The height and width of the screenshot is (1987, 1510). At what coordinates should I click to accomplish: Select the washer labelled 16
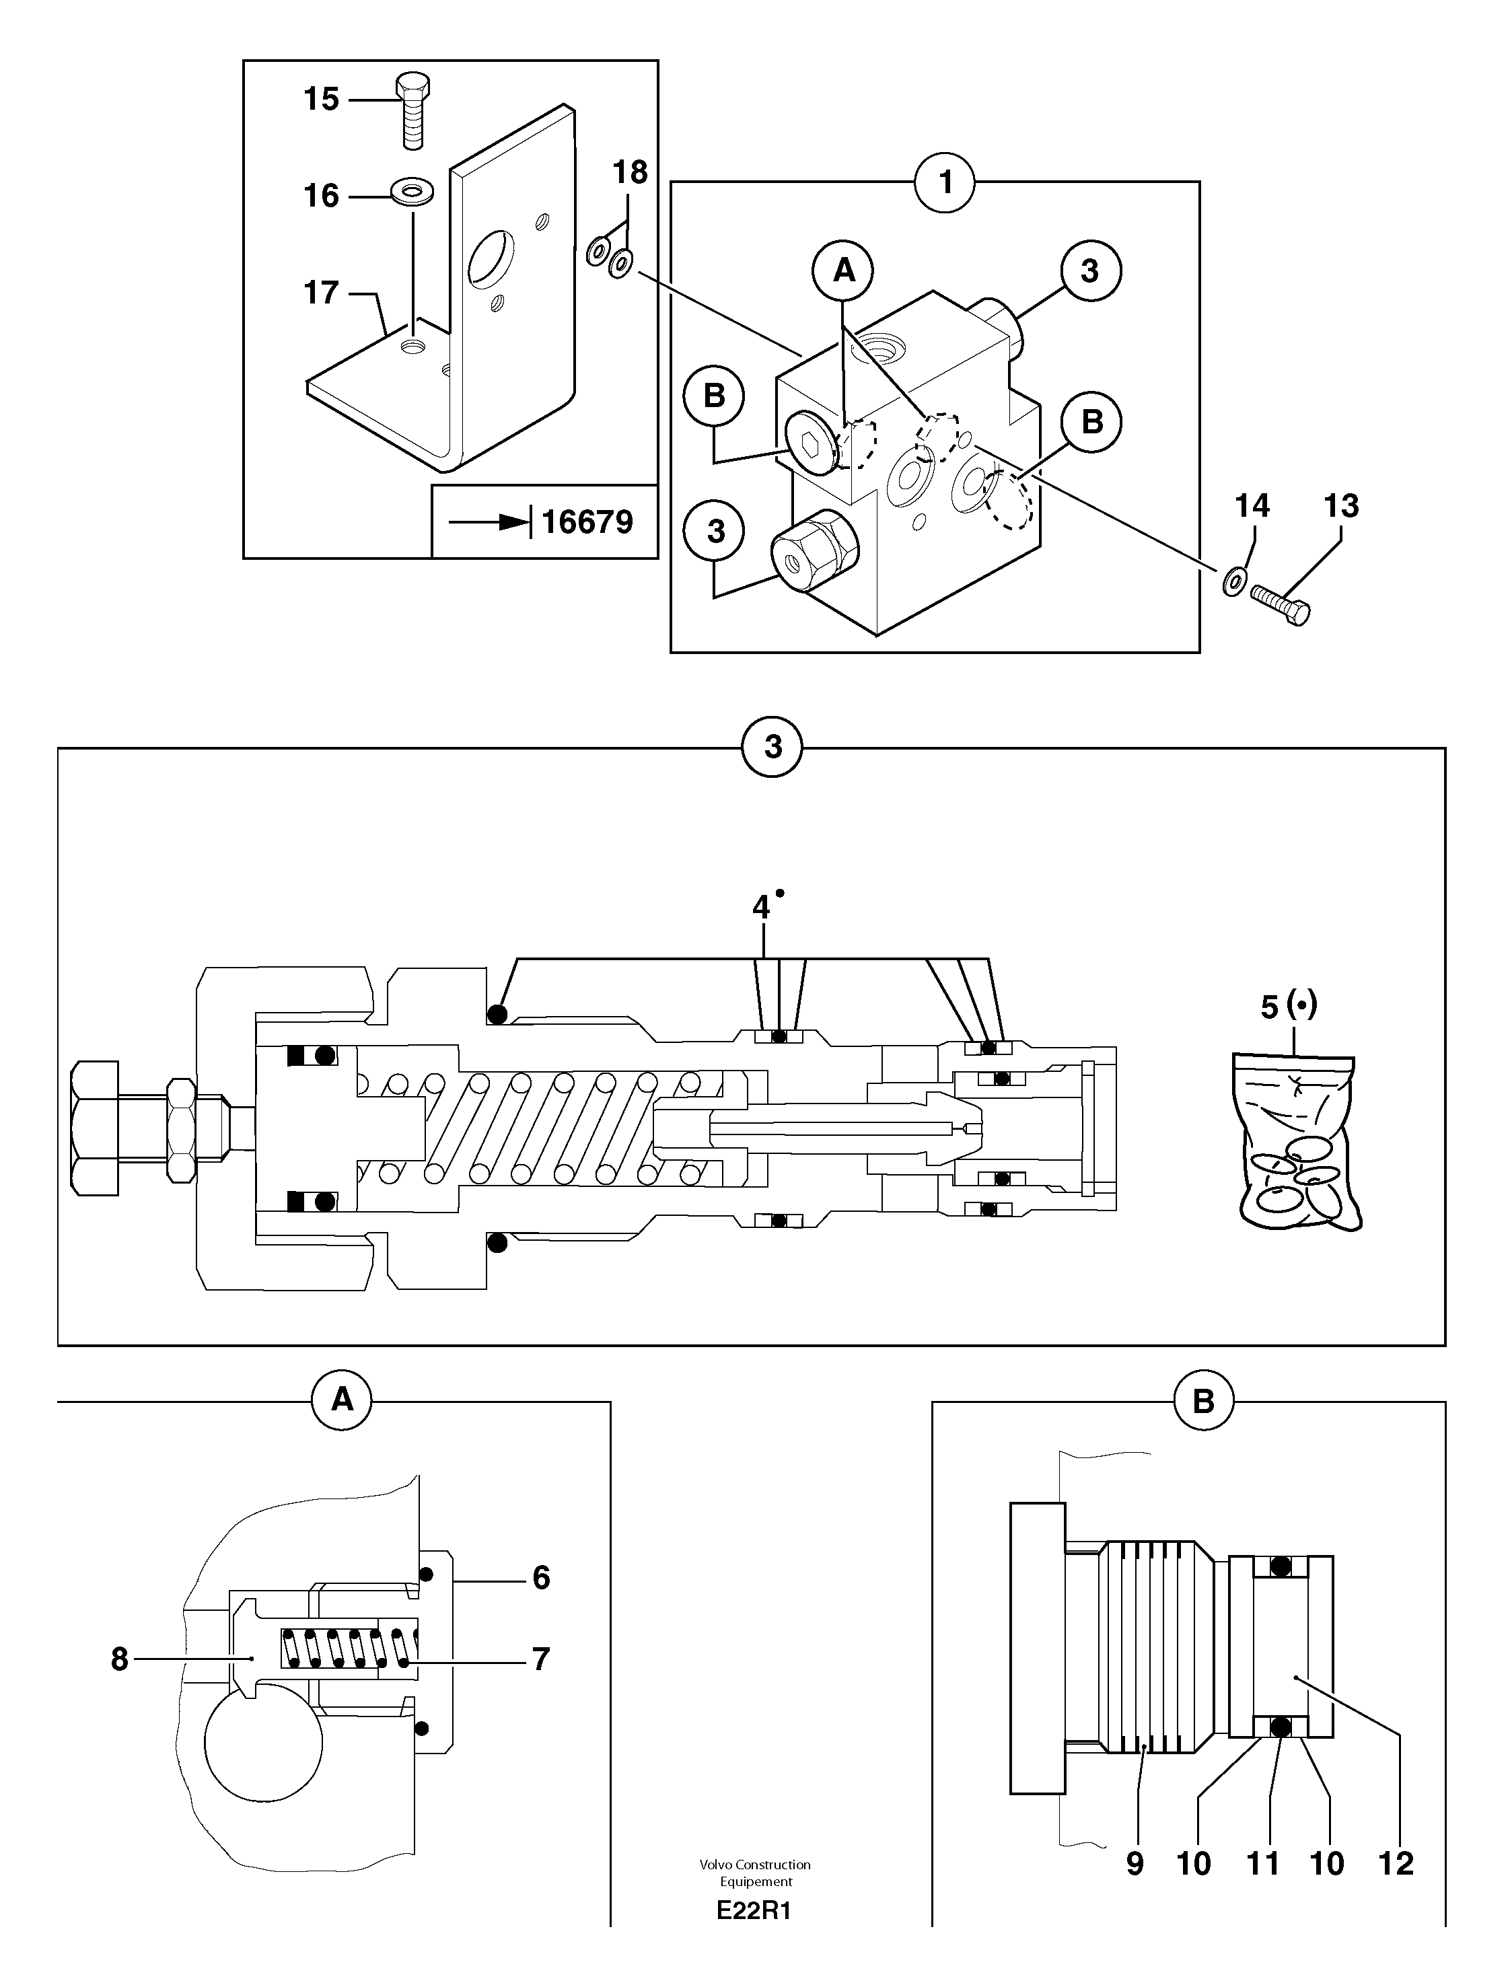point(412,191)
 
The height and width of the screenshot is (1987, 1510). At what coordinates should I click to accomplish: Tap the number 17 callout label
point(321,292)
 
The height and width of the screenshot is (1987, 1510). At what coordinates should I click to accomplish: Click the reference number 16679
point(587,521)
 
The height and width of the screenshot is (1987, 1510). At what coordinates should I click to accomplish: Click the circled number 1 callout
point(945,182)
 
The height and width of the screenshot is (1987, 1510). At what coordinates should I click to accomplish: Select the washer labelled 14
point(1235,581)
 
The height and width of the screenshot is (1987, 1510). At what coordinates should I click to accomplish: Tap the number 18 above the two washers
point(629,172)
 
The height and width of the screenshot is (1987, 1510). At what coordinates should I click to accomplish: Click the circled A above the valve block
point(843,270)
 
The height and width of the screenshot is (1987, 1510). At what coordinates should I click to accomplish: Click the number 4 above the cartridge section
point(761,907)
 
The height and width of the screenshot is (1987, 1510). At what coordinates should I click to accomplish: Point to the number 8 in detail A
point(120,1659)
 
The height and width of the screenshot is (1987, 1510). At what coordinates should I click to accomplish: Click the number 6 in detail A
point(540,1577)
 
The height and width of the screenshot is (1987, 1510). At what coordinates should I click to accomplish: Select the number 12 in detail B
point(1395,1863)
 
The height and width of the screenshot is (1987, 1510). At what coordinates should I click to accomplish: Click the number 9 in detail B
point(1135,1863)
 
